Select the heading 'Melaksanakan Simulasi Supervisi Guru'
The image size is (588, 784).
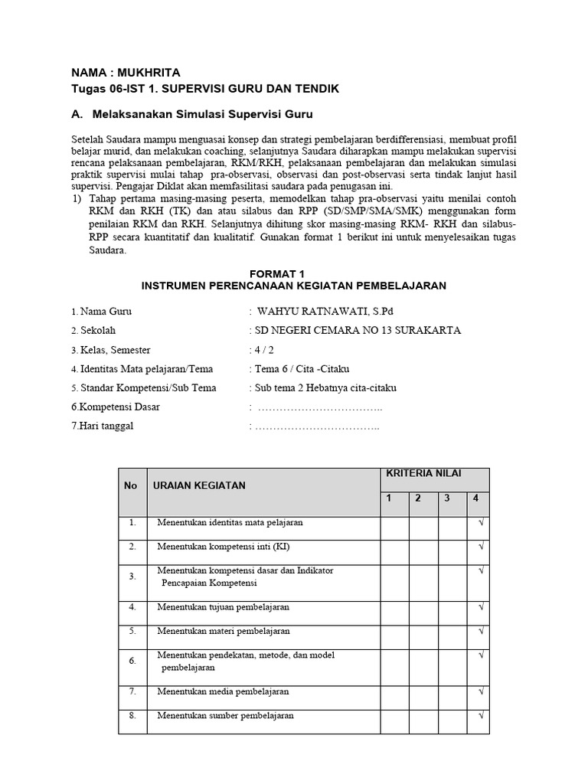pos(202,114)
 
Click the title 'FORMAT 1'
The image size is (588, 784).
pos(293,273)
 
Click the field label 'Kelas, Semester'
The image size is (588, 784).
pos(115,349)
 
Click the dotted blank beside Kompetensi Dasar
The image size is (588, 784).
pos(318,407)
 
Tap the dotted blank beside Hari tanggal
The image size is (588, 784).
pos(317,426)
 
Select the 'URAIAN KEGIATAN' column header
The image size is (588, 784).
pos(199,485)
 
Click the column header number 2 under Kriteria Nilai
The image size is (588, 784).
pos(418,498)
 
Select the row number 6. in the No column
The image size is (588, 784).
pos(132,660)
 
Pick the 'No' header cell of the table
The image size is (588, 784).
pos(131,485)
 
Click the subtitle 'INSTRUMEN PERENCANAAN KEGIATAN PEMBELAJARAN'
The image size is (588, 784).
pos(293,286)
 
